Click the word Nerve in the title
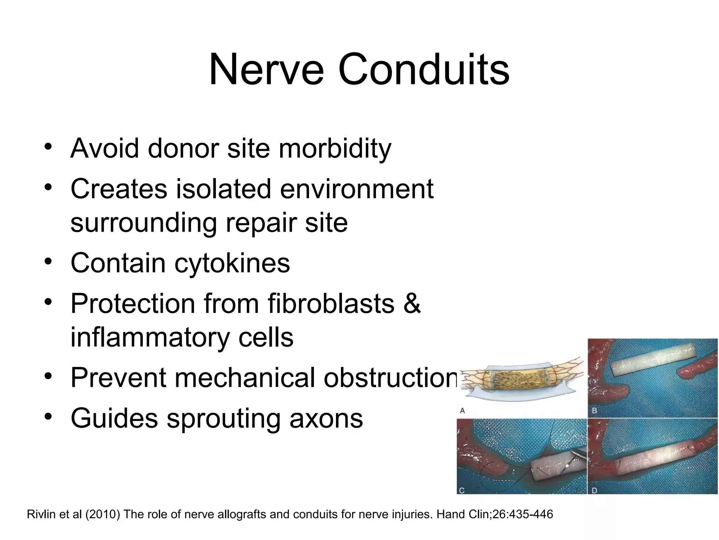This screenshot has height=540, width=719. [x=266, y=70]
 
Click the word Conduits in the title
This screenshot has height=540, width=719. [x=423, y=70]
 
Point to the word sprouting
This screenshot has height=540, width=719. [x=223, y=418]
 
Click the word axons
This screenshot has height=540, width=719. [x=326, y=418]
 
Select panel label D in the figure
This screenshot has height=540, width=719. [x=594, y=490]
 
